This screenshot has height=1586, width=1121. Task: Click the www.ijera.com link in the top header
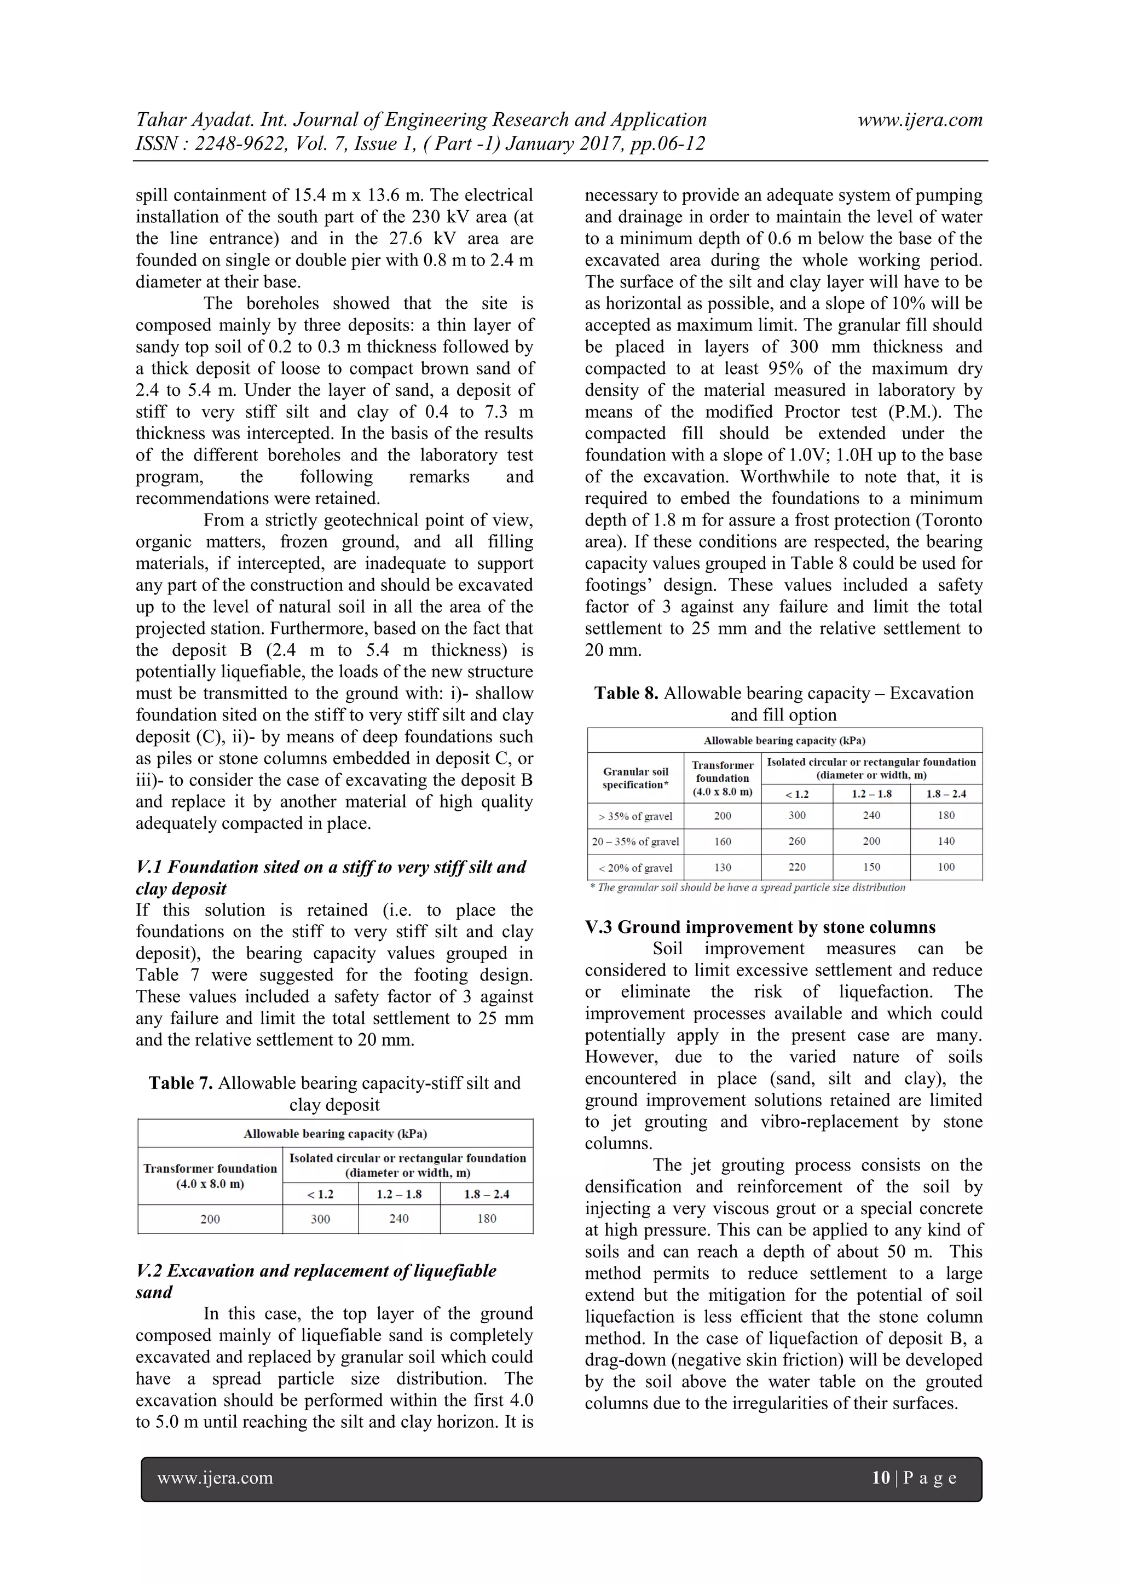click(x=920, y=120)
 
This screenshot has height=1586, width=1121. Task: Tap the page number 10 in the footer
click(x=881, y=1478)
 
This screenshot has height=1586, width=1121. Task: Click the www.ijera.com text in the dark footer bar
click(x=215, y=1478)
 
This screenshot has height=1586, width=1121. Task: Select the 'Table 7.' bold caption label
click(x=180, y=1083)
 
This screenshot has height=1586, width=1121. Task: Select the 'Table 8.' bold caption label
click(x=626, y=693)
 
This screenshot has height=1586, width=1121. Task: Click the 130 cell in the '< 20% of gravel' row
click(x=722, y=868)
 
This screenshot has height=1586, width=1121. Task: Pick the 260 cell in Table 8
click(x=796, y=841)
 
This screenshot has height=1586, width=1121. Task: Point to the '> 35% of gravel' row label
click(x=635, y=816)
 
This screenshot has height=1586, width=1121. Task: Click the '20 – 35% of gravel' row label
click(x=635, y=841)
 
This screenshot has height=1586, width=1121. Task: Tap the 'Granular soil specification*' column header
click(x=635, y=778)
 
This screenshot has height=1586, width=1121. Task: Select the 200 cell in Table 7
click(x=210, y=1219)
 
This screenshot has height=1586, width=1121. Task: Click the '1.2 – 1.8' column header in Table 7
click(x=398, y=1195)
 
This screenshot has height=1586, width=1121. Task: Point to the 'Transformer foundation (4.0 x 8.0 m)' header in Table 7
click(x=210, y=1176)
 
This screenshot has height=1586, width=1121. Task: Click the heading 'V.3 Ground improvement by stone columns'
click(x=760, y=927)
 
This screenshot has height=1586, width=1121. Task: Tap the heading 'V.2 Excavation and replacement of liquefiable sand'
click(x=316, y=1282)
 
